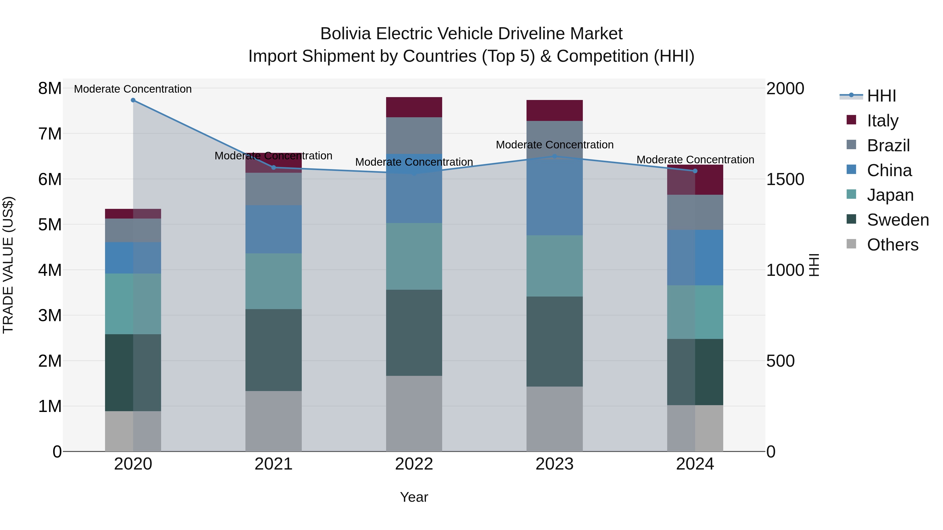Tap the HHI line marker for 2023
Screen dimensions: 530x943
tap(554, 156)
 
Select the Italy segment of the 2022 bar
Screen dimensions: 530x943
tap(414, 107)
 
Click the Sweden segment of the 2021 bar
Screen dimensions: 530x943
tap(273, 350)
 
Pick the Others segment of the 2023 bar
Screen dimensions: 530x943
tap(554, 419)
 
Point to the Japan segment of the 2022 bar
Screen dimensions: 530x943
tap(414, 256)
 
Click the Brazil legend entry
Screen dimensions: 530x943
tap(888, 146)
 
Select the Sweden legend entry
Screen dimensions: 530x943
tap(898, 220)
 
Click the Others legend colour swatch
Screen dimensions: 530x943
tap(852, 244)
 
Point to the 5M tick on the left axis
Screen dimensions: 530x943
tap(50, 225)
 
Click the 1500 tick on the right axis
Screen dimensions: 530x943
tap(785, 179)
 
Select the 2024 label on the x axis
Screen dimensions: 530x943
tap(695, 464)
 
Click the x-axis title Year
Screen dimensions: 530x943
tap(414, 497)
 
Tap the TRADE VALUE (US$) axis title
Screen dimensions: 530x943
tap(8, 265)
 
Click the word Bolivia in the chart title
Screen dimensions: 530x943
tap(346, 34)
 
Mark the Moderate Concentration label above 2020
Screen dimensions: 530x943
tap(133, 89)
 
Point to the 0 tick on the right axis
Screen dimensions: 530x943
tap(771, 452)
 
